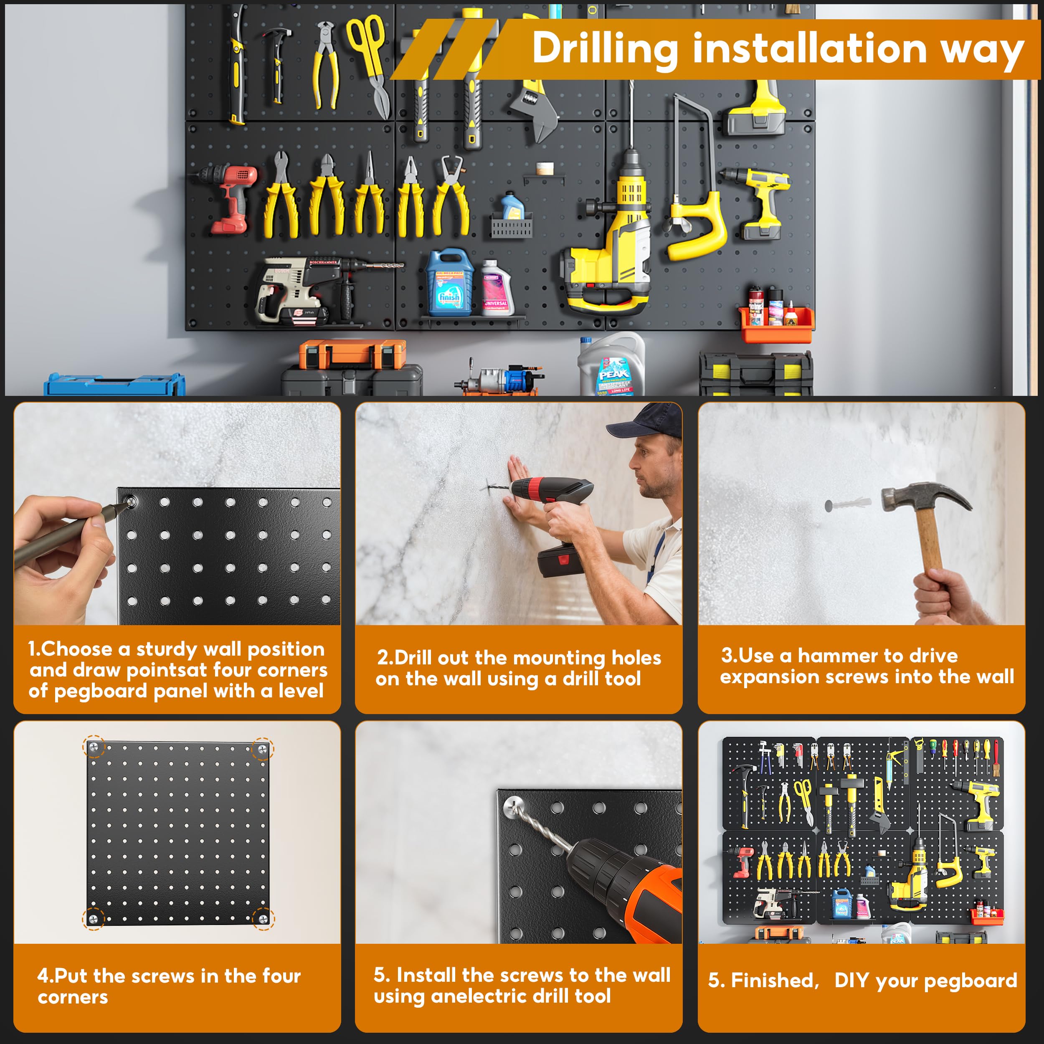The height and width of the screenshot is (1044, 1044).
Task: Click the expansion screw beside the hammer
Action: pyautogui.click(x=847, y=505)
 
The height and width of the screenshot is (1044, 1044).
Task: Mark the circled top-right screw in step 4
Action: pyautogui.click(x=262, y=748)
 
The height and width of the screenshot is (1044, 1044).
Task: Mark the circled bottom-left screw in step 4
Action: pyautogui.click(x=93, y=918)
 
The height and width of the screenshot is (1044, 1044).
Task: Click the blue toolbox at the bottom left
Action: pyautogui.click(x=114, y=385)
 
